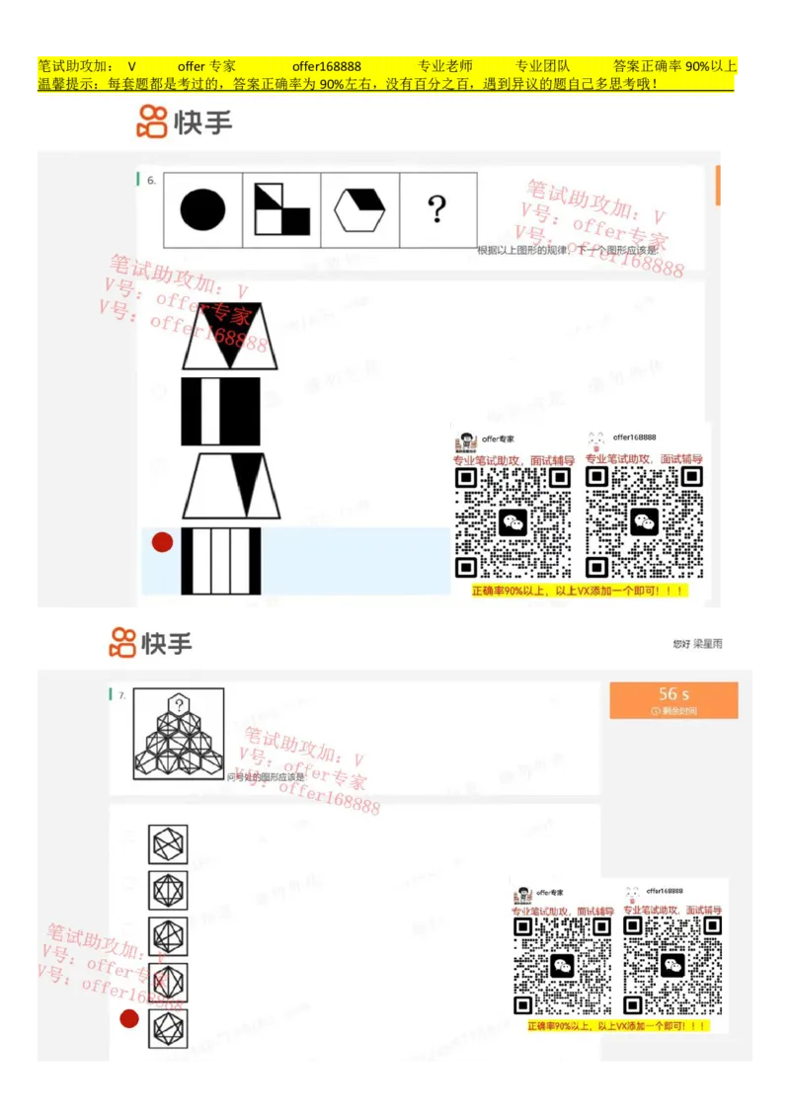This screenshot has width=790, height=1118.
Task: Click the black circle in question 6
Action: [x=202, y=210]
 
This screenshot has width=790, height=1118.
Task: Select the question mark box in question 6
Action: [x=436, y=209]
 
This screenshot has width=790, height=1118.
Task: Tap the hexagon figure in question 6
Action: [x=359, y=210]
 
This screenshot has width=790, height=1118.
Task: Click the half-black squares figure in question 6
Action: [x=281, y=209]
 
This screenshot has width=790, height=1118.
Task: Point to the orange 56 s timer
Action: [x=673, y=699]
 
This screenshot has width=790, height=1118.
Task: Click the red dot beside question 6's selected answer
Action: [x=162, y=542]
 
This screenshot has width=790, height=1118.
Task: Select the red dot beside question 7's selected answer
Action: [x=129, y=1019]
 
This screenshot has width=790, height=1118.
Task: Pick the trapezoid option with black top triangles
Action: [x=230, y=337]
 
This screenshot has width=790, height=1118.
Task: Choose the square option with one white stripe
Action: [x=220, y=412]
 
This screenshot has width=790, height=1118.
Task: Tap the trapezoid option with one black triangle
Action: [x=231, y=486]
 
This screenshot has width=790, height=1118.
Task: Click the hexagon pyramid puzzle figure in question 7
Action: [x=179, y=734]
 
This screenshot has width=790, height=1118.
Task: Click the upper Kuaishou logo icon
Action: [x=152, y=121]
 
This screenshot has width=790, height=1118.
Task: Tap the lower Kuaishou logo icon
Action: [x=122, y=643]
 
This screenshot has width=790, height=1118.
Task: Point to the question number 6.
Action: [x=151, y=181]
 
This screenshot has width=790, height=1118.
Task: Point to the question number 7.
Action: [x=121, y=695]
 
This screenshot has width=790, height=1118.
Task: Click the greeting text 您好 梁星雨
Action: [x=697, y=644]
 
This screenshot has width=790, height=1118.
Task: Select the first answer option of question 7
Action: [x=168, y=844]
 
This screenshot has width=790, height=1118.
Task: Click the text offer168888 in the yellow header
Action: [x=326, y=66]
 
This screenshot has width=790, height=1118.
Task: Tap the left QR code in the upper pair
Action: [x=513, y=521]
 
